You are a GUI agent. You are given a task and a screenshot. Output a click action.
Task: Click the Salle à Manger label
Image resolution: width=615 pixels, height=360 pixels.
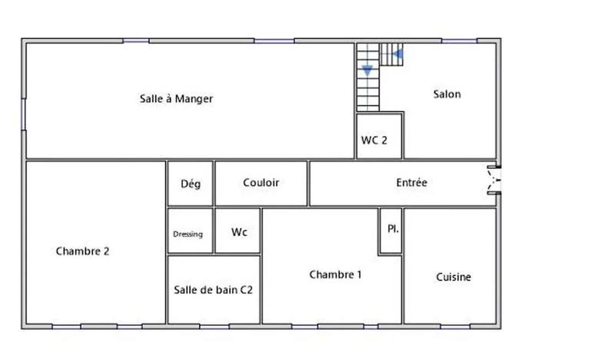(x=176, y=98)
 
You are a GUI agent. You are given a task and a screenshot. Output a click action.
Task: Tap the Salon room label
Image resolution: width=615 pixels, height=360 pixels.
(x=447, y=94)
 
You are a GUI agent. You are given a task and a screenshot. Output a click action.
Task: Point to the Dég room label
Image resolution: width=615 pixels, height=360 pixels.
(x=190, y=184)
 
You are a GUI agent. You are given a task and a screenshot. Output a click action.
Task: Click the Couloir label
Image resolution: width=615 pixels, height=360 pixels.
(x=261, y=183)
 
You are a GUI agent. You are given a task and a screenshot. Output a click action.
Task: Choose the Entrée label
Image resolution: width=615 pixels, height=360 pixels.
(x=411, y=183)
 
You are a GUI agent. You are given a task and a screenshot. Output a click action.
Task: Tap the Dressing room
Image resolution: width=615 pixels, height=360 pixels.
(x=188, y=234)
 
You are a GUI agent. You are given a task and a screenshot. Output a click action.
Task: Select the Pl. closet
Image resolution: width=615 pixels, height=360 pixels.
(x=391, y=229)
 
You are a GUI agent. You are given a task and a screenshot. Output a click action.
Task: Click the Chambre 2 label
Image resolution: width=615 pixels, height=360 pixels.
(x=82, y=251)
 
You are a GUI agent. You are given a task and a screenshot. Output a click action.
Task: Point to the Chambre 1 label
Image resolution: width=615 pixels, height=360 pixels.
(x=335, y=275)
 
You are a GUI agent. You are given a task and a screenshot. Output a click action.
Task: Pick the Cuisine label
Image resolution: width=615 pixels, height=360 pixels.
(x=454, y=277)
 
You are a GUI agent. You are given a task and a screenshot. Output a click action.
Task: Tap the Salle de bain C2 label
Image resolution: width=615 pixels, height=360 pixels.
(x=213, y=290)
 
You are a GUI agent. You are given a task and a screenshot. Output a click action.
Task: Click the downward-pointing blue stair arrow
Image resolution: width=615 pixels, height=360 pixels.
(x=367, y=70)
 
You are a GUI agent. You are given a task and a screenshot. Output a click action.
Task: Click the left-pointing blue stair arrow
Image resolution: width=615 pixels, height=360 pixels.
(x=398, y=54)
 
